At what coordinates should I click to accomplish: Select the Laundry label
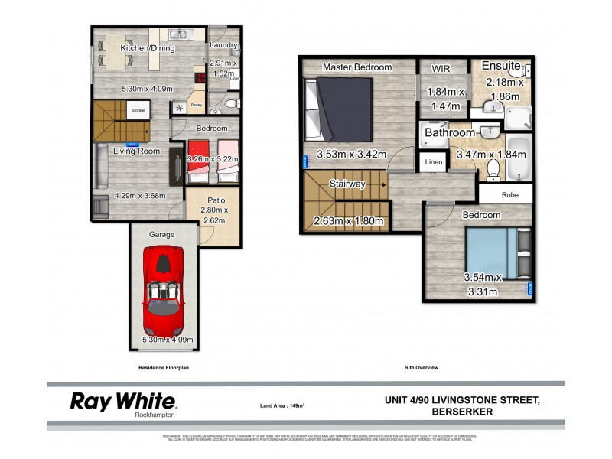(223, 46)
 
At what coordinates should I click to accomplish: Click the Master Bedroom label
(357, 67)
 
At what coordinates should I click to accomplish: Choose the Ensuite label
(500, 66)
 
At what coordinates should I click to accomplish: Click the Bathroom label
(450, 132)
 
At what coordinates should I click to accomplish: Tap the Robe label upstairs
(510, 195)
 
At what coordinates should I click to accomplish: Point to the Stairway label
(347, 184)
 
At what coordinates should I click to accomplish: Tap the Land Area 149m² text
(283, 405)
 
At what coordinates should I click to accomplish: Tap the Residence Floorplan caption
(163, 368)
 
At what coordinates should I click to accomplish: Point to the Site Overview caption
(421, 368)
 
